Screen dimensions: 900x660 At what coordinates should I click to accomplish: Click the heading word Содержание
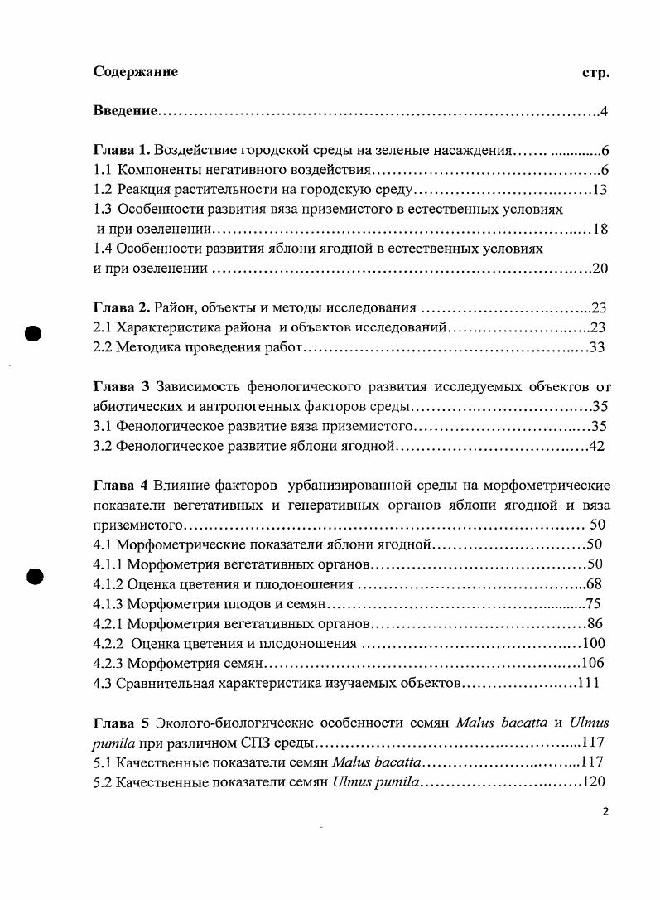tap(135, 71)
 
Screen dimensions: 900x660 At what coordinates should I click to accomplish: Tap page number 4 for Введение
tap(605, 112)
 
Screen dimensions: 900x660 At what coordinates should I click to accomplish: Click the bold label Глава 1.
tap(122, 151)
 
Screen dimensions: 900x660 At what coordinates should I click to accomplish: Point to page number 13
tap(601, 191)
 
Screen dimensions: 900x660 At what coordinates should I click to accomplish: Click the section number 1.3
tap(104, 210)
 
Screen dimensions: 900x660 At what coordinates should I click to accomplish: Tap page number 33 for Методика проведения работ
tap(596, 347)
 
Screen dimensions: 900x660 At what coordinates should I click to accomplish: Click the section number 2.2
tap(103, 347)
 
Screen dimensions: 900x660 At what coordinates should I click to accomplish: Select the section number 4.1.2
tap(110, 583)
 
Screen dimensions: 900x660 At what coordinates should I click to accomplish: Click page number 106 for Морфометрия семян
tap(593, 662)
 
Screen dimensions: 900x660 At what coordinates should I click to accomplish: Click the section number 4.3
tap(103, 683)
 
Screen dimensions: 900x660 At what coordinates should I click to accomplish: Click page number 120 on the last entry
tap(593, 781)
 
